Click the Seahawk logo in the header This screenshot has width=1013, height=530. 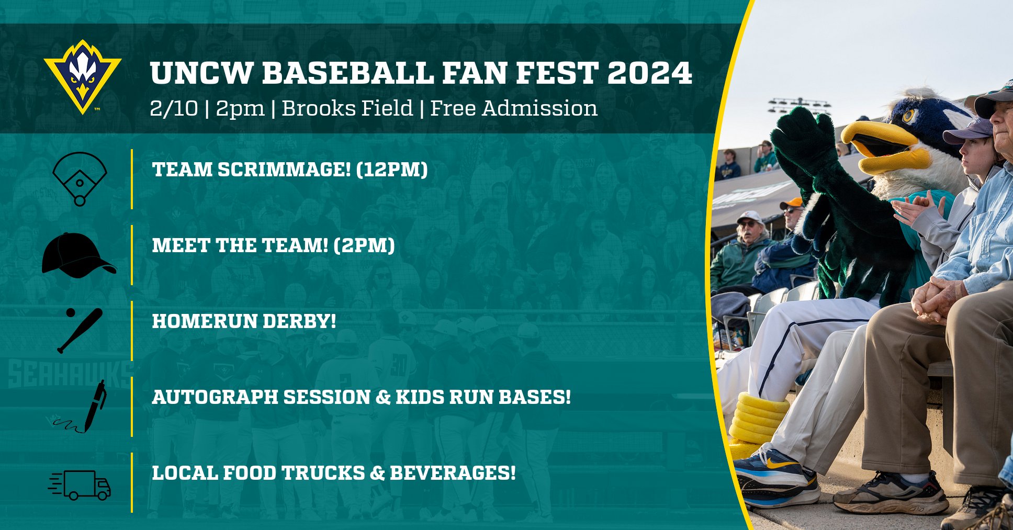click(x=83, y=76)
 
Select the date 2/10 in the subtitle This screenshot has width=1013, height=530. click(x=174, y=109)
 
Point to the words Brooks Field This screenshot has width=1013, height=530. click(x=347, y=109)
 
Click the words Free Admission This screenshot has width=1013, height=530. click(x=513, y=109)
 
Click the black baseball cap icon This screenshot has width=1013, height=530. click(x=78, y=255)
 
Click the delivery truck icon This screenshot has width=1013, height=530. click(x=80, y=485)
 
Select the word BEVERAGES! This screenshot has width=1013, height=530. click(x=453, y=473)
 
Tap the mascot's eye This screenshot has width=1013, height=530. click(x=909, y=115)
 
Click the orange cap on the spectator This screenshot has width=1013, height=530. click(x=792, y=203)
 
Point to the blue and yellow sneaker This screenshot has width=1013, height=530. click(x=776, y=477)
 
